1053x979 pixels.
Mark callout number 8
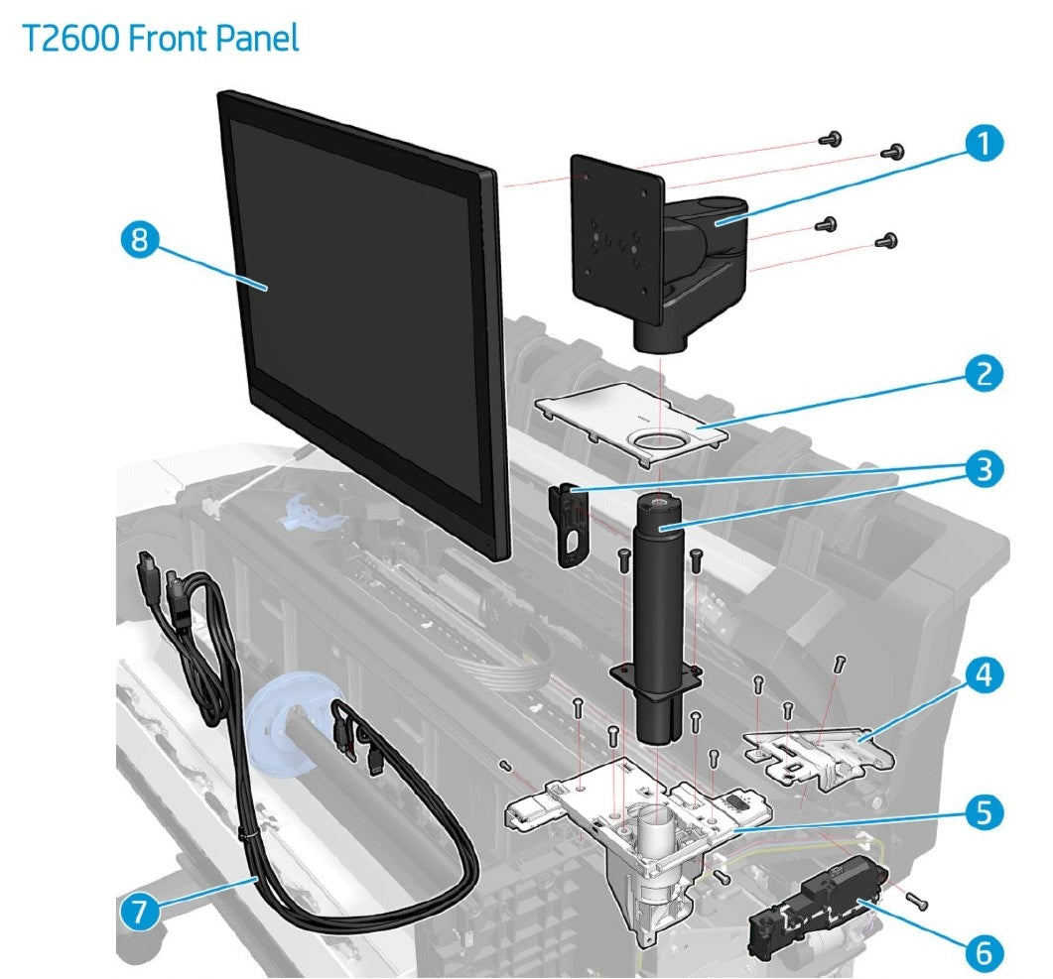point(145,242)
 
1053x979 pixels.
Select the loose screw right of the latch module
point(917,900)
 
